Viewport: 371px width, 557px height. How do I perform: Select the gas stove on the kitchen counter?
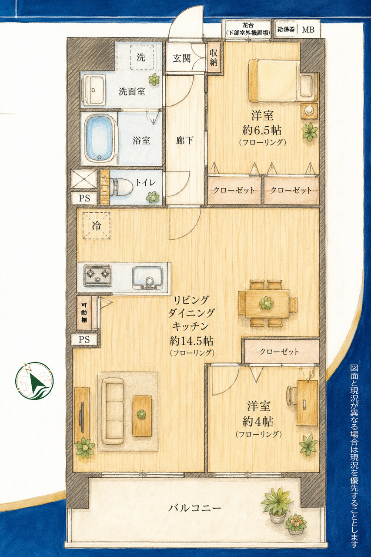pyautogui.click(x=97, y=275)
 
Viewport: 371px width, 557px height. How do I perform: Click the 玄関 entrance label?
pyautogui.click(x=182, y=58)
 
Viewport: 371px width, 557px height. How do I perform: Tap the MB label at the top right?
pyautogui.click(x=308, y=30)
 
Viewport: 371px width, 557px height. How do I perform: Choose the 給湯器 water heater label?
pyautogui.click(x=286, y=30)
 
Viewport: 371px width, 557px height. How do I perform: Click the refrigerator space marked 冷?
pyautogui.click(x=97, y=226)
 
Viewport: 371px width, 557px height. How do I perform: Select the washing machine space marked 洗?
pyautogui.click(x=142, y=58)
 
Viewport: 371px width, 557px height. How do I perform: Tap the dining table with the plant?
pyautogui.click(x=267, y=303)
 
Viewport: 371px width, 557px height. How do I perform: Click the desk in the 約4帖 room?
pyautogui.click(x=307, y=403)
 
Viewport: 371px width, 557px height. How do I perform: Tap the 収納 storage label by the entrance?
pyautogui.click(x=214, y=57)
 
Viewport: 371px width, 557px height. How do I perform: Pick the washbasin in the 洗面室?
pyautogui.click(x=94, y=90)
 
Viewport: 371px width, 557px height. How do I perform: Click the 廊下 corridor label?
pyautogui.click(x=185, y=141)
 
